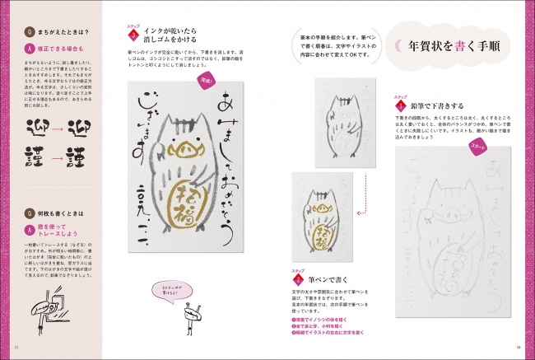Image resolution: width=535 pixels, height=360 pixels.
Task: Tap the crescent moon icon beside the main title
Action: (x=397, y=47)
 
